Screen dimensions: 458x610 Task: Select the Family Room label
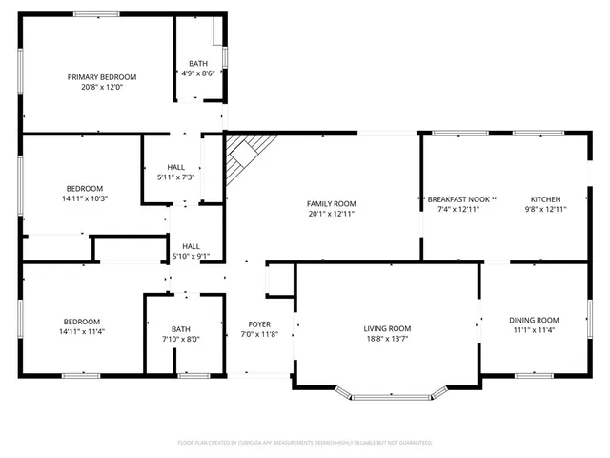[331, 203]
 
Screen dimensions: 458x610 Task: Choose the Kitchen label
[545, 198]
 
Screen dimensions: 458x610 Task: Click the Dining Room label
[534, 320]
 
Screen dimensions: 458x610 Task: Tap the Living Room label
[387, 329]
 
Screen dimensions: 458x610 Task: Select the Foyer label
[259, 324]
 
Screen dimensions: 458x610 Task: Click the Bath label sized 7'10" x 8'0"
[181, 329]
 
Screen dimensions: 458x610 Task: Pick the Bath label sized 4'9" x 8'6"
[198, 64]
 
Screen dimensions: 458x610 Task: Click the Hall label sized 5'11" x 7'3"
[176, 167]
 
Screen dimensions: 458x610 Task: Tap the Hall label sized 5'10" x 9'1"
[191, 246]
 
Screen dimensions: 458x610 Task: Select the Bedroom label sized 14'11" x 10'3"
[84, 189]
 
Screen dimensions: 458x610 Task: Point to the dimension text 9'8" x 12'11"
[545, 209]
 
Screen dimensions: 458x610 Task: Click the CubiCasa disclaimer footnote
[305, 443]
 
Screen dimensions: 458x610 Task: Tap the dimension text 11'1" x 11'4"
[534, 330]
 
